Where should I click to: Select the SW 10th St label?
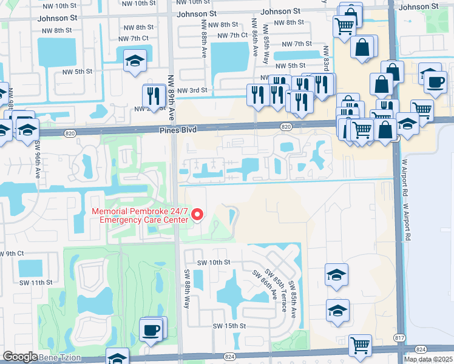click(214, 262)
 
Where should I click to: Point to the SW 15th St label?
click(228, 326)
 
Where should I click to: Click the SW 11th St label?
click(36, 283)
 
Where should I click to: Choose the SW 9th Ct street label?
click(12, 253)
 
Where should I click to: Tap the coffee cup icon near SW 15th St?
click(151, 331)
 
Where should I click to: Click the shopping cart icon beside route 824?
click(361, 345)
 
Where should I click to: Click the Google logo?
click(19, 357)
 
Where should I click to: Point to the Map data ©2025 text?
click(428, 359)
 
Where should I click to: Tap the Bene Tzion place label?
click(59, 358)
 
